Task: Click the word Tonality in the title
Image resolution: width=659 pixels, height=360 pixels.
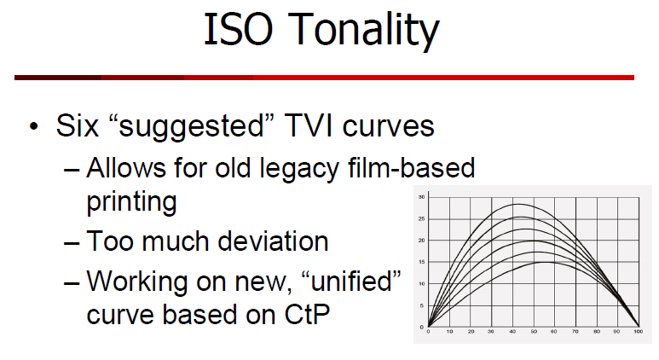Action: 364,31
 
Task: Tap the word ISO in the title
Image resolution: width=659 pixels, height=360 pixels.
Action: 239,29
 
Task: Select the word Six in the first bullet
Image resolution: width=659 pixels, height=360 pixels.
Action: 78,125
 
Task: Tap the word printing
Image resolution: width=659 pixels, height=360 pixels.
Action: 131,203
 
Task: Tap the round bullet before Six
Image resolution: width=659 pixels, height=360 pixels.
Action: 34,126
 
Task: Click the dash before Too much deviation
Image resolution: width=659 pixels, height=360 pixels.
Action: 72,243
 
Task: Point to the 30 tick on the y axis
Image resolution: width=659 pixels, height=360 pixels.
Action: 421,197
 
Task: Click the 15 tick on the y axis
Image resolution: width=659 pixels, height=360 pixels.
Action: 421,262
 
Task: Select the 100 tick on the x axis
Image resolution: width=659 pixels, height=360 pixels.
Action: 639,331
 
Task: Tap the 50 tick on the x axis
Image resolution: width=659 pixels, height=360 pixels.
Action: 534,331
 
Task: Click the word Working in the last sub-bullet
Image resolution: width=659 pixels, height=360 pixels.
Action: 136,282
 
